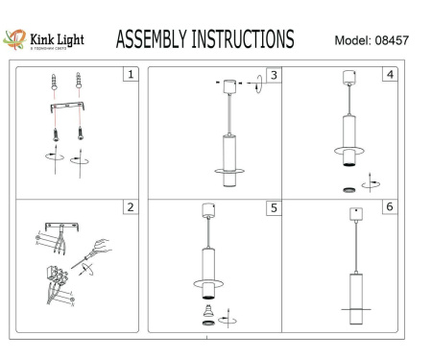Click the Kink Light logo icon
point(15,39)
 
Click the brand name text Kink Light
point(56,38)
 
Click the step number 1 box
point(132,73)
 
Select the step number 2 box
point(132,206)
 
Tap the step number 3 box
point(273,74)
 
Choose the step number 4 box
point(388,74)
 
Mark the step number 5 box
point(273,207)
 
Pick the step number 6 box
point(388,207)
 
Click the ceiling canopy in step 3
point(230,85)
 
